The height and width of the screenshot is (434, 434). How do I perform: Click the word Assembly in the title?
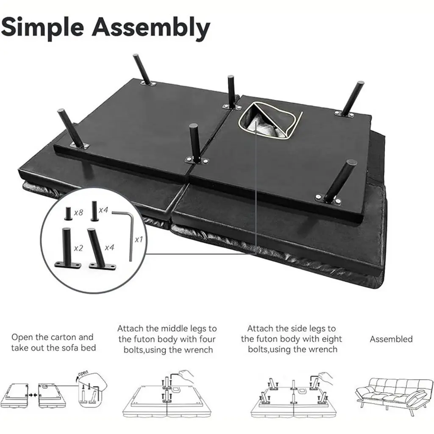[x=151, y=28]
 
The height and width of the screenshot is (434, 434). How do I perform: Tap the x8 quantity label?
[x=78, y=213]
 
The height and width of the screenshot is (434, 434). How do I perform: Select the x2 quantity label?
[x=78, y=248]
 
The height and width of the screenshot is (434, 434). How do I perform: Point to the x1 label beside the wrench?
[x=139, y=239]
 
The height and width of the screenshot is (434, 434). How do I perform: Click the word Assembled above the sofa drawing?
[x=391, y=339]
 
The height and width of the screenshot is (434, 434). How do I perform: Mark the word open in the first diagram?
[x=83, y=373]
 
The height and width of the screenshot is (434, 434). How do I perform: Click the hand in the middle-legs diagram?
[x=186, y=376]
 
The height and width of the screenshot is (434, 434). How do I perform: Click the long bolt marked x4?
[x=94, y=211]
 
